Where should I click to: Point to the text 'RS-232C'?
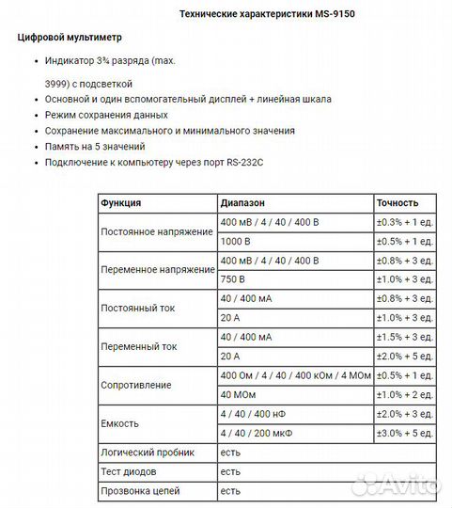click(244, 163)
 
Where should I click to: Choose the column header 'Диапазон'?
click(243, 203)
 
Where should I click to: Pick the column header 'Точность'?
click(397, 203)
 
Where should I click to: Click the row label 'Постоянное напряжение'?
click(157, 231)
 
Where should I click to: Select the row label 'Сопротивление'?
click(135, 386)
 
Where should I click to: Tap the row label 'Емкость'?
click(119, 424)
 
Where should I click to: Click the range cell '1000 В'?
click(236, 241)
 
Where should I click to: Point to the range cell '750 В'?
click(233, 279)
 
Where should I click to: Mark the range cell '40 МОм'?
click(238, 395)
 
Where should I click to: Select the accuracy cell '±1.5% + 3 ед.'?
click(404, 337)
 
